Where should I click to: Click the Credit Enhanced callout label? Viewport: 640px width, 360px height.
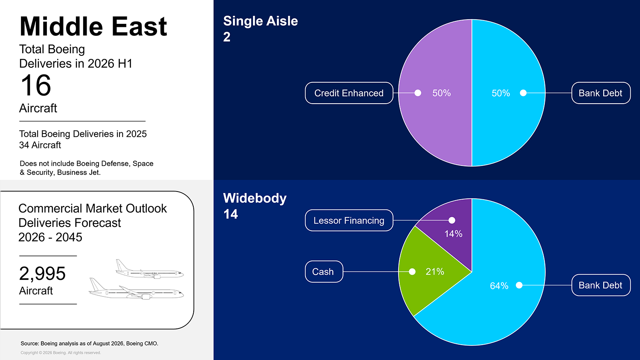pyautogui.click(x=349, y=93)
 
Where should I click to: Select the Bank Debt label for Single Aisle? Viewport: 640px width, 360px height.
pyautogui.click(x=601, y=93)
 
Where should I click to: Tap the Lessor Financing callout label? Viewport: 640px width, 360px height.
pyautogui.click(x=349, y=220)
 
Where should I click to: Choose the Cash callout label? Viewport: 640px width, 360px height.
pyautogui.click(x=324, y=271)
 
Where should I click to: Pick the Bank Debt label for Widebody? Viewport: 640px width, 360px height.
pyautogui.click(x=601, y=285)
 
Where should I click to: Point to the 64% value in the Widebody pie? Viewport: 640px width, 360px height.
pyautogui.click(x=499, y=286)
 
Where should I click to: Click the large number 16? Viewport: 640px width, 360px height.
pyautogui.click(x=36, y=85)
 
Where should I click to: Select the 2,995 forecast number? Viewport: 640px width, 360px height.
pyautogui.click(x=42, y=273)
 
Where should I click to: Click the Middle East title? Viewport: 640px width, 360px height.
pyautogui.click(x=93, y=26)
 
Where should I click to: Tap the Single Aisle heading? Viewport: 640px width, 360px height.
pyautogui.click(x=261, y=21)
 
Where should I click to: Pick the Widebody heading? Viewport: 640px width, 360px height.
pyautogui.click(x=255, y=198)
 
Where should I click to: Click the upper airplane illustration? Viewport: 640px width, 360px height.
pyautogui.click(x=149, y=269)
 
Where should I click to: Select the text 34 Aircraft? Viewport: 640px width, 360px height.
pyautogui.click(x=40, y=145)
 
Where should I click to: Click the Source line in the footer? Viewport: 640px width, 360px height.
pyautogui.click(x=90, y=343)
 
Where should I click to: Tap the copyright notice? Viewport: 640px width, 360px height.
pyautogui.click(x=61, y=353)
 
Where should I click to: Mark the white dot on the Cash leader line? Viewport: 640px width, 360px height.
pyautogui.click(x=412, y=271)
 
